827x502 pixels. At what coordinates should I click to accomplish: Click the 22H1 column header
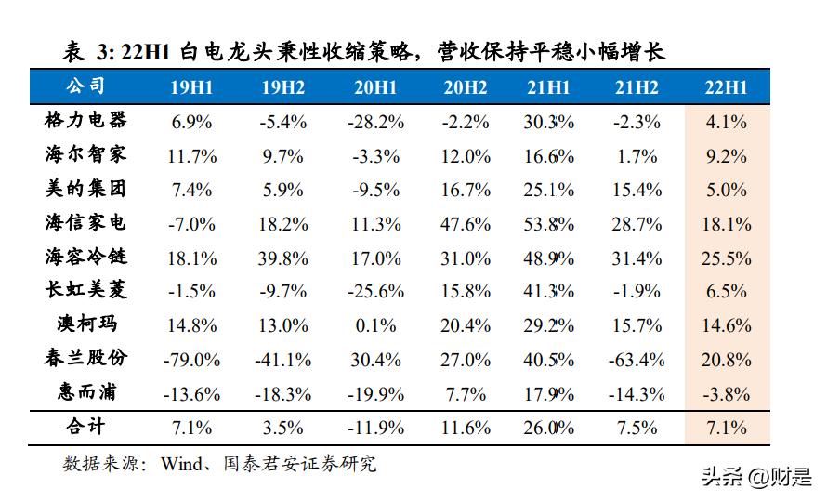(x=727, y=88)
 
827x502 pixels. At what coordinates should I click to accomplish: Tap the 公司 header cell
(x=85, y=87)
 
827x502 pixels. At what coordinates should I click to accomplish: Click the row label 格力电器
(x=85, y=121)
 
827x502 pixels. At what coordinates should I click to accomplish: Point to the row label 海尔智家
(x=85, y=154)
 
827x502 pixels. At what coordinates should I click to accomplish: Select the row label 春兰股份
(x=85, y=359)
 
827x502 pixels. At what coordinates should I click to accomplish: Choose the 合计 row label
(x=85, y=427)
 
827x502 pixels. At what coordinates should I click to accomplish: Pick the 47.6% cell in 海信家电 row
(x=466, y=223)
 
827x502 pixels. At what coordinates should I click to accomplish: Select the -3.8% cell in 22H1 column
(x=727, y=393)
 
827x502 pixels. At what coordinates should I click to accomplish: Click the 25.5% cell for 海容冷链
(x=727, y=258)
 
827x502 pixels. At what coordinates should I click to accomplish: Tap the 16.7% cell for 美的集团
(x=466, y=190)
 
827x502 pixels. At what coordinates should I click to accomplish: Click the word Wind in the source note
(x=183, y=463)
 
